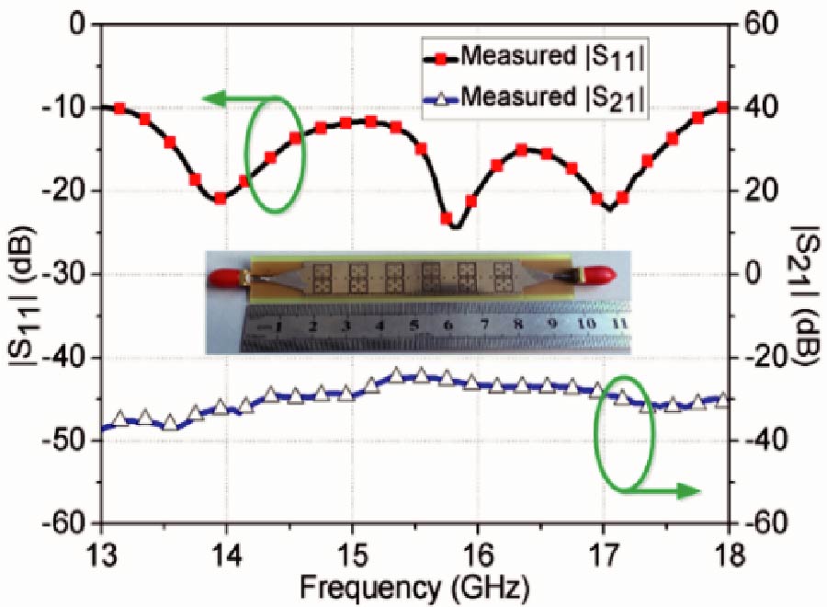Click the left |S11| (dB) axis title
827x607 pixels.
(x=20, y=274)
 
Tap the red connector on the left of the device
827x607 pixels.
(x=224, y=273)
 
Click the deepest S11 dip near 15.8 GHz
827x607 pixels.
(x=456, y=226)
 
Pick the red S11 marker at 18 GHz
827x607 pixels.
(x=722, y=108)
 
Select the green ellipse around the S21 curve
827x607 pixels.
(x=625, y=432)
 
